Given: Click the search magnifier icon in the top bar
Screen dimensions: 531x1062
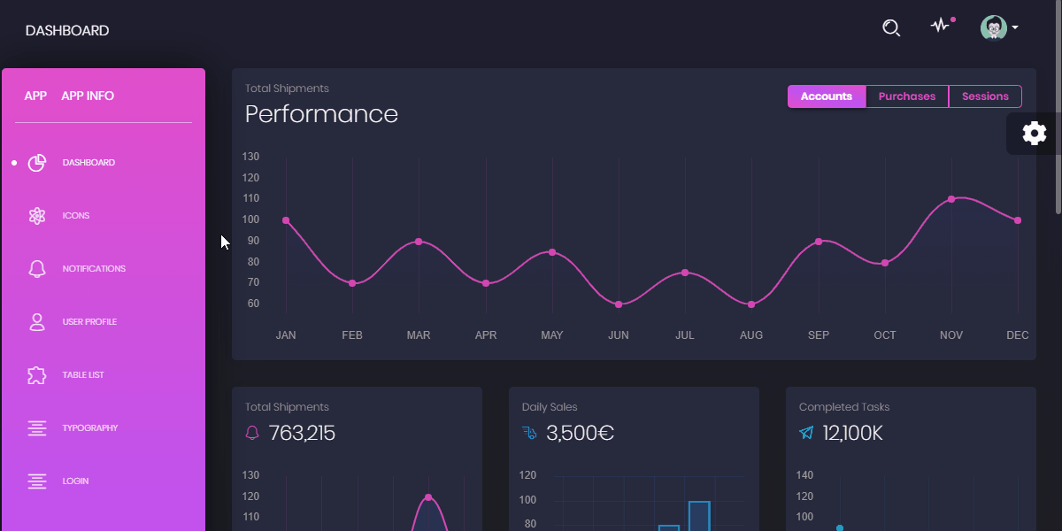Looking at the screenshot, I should pyautogui.click(x=891, y=28).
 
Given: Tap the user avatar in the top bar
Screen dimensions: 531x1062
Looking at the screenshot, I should pyautogui.click(x=994, y=27).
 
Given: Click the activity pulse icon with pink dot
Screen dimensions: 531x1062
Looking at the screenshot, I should pyautogui.click(x=940, y=27).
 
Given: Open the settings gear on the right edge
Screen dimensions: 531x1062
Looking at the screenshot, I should pyautogui.click(x=1034, y=134).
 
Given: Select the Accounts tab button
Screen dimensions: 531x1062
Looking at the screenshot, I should pyautogui.click(x=826, y=96).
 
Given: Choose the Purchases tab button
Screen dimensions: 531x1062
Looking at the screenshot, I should pyautogui.click(x=906, y=96).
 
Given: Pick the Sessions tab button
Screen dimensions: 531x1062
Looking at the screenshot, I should pyautogui.click(x=985, y=96).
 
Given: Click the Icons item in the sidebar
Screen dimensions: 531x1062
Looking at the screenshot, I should pyautogui.click(x=75, y=216).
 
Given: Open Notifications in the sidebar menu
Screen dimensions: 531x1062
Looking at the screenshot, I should pyautogui.click(x=93, y=269).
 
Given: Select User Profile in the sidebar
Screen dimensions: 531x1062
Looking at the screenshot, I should pyautogui.click(x=88, y=322).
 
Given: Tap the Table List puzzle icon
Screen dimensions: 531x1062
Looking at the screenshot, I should pyautogui.click(x=36, y=375).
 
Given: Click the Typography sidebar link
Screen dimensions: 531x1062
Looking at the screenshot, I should pyautogui.click(x=89, y=428).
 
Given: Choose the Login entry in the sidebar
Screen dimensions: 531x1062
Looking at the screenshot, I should pyautogui.click(x=75, y=481).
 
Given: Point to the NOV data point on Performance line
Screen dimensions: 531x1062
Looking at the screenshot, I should pyautogui.click(x=951, y=199).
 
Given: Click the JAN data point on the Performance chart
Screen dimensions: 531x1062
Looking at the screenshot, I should pyautogui.click(x=286, y=220).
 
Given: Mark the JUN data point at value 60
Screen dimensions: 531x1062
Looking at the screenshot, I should pyautogui.click(x=619, y=304).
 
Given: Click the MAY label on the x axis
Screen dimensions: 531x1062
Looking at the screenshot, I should pyautogui.click(x=551, y=335).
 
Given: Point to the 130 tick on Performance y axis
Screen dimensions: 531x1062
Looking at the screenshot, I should pyautogui.click(x=250, y=157).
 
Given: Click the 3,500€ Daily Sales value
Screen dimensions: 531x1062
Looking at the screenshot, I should pyautogui.click(x=580, y=434).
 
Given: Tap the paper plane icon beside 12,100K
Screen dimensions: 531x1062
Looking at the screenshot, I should pyautogui.click(x=806, y=433).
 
